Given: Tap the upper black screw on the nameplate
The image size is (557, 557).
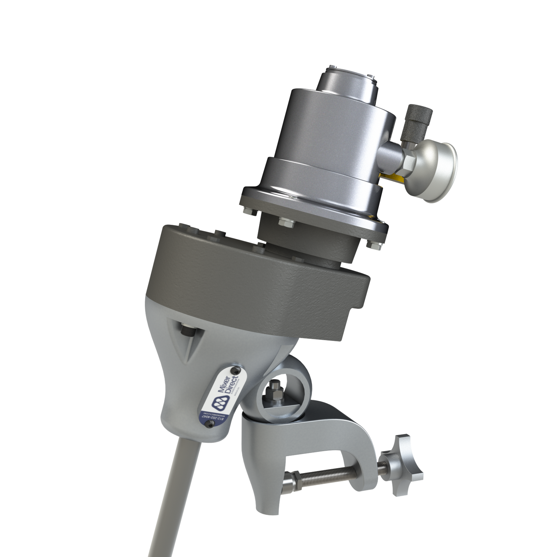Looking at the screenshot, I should (x=236, y=370).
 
